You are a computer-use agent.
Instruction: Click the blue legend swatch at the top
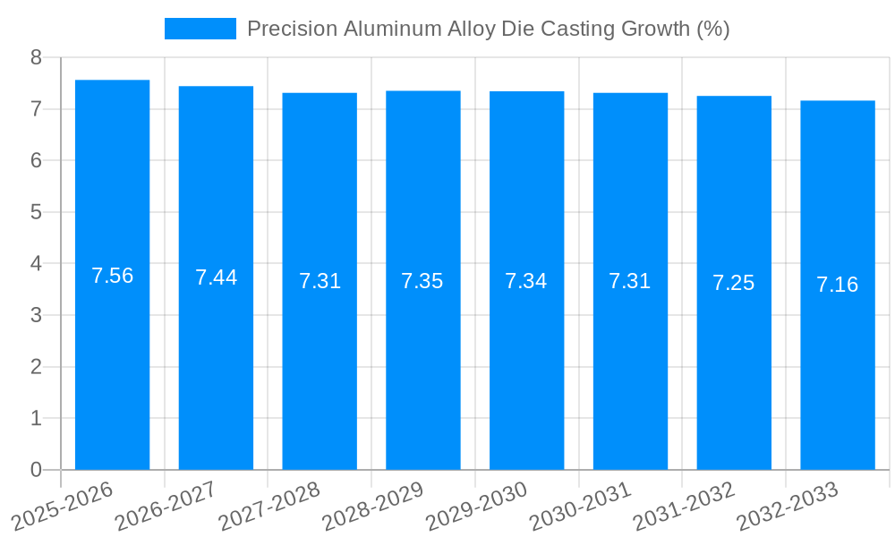[x=200, y=29]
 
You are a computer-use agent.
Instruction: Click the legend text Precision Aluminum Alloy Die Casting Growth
[x=488, y=29]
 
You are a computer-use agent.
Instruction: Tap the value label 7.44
[x=216, y=277]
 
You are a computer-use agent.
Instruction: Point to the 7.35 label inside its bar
[x=422, y=281]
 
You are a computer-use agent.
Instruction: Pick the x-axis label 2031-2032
[x=685, y=506]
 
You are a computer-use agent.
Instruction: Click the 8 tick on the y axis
[x=36, y=57]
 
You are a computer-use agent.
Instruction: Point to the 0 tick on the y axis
[x=36, y=470]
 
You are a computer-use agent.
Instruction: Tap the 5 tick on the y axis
[x=36, y=212]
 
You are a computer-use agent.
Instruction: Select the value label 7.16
[x=837, y=285]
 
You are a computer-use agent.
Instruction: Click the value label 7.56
[x=112, y=276]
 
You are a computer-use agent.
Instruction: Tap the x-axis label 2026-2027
[x=166, y=506]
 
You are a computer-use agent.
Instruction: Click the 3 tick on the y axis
[x=36, y=315]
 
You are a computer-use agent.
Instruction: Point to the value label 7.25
[x=733, y=283]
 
